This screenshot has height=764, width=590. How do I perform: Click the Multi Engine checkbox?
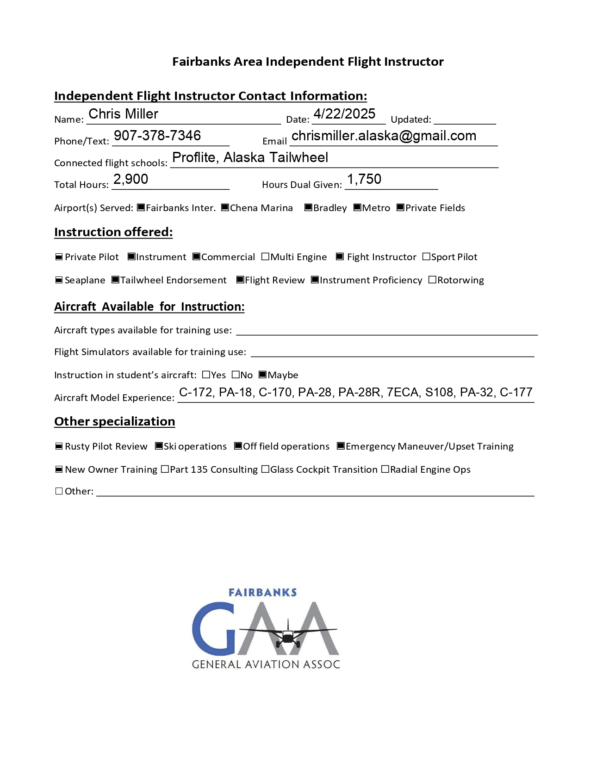pyautogui.click(x=265, y=257)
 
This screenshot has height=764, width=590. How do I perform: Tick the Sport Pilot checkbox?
pyautogui.click(x=426, y=257)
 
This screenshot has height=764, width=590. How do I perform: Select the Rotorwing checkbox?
pyautogui.click(x=432, y=280)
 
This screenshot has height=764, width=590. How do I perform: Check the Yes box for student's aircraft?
pyautogui.click(x=206, y=375)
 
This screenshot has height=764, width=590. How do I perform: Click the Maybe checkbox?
pyautogui.click(x=262, y=375)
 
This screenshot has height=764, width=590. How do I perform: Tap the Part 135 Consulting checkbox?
pyautogui.click(x=165, y=469)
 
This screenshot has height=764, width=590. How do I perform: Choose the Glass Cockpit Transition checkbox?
pyautogui.click(x=265, y=469)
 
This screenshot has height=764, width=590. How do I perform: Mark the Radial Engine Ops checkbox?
pyautogui.click(x=385, y=469)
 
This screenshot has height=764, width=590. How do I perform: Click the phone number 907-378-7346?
pyautogui.click(x=157, y=136)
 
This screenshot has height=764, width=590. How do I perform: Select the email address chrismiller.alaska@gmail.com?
pyautogui.click(x=384, y=136)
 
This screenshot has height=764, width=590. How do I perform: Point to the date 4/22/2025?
pyautogui.click(x=344, y=114)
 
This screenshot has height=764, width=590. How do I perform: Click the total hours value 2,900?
pyautogui.click(x=130, y=179)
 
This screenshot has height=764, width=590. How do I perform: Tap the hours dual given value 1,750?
pyautogui.click(x=364, y=179)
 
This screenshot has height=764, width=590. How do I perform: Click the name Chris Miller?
pyautogui.click(x=123, y=114)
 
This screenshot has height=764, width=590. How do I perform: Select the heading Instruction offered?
pyautogui.click(x=113, y=232)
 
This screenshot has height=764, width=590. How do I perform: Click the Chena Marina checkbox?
pyautogui.click(x=225, y=207)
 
